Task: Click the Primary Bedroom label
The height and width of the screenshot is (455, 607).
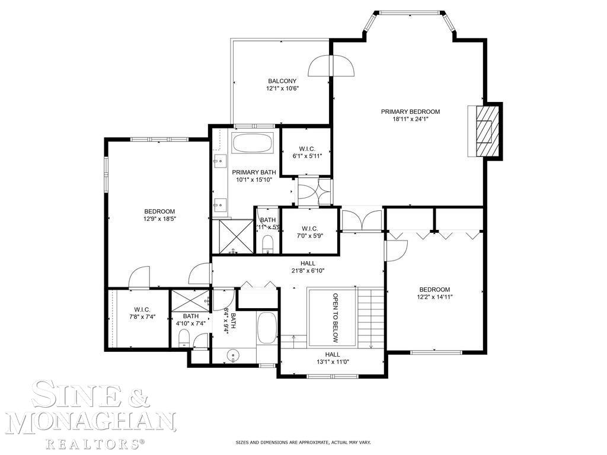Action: tap(410, 111)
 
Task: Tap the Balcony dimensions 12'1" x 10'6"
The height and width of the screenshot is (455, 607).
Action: tap(282, 89)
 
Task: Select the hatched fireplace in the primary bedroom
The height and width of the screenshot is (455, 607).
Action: tap(487, 132)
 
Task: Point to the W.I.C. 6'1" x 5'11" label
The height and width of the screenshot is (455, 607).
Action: tap(306, 152)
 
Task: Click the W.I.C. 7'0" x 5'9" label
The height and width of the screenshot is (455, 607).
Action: tap(310, 232)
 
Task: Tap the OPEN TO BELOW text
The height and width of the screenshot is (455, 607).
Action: tap(336, 318)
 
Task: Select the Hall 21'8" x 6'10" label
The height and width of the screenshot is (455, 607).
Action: tap(308, 267)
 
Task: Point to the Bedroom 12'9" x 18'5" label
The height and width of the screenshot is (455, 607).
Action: tap(159, 214)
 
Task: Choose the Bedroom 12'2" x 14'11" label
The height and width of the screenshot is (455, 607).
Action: tap(435, 293)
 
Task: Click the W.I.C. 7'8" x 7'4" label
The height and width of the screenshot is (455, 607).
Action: tap(142, 313)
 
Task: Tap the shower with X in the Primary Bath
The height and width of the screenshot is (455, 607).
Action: tap(233, 236)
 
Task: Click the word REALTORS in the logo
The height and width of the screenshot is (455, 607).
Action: tap(95, 443)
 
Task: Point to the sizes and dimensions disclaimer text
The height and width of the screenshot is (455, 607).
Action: tap(303, 443)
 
